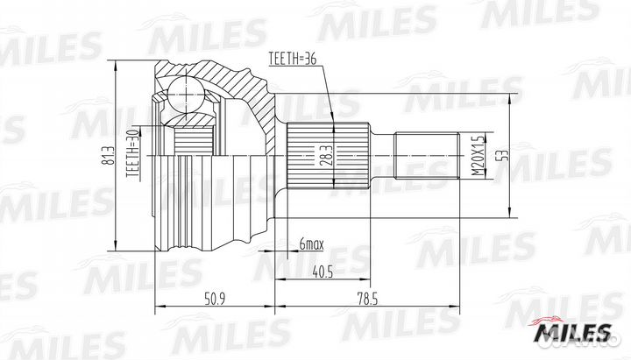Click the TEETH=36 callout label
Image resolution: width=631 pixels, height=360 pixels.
pos(293,59)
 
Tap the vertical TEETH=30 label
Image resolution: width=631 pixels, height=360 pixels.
pos(133,153)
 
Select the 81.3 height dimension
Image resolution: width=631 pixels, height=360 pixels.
pos(107,156)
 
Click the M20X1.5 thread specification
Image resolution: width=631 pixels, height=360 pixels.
pos(477,155)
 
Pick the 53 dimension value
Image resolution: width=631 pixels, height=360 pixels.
pos(504,155)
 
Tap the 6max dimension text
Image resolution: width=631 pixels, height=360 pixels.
pos(311,244)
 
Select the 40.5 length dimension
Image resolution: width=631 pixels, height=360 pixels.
pos(323,272)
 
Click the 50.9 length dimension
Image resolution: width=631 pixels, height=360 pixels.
pos(215,299)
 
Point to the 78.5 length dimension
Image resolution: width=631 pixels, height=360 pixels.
pos(367,299)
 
